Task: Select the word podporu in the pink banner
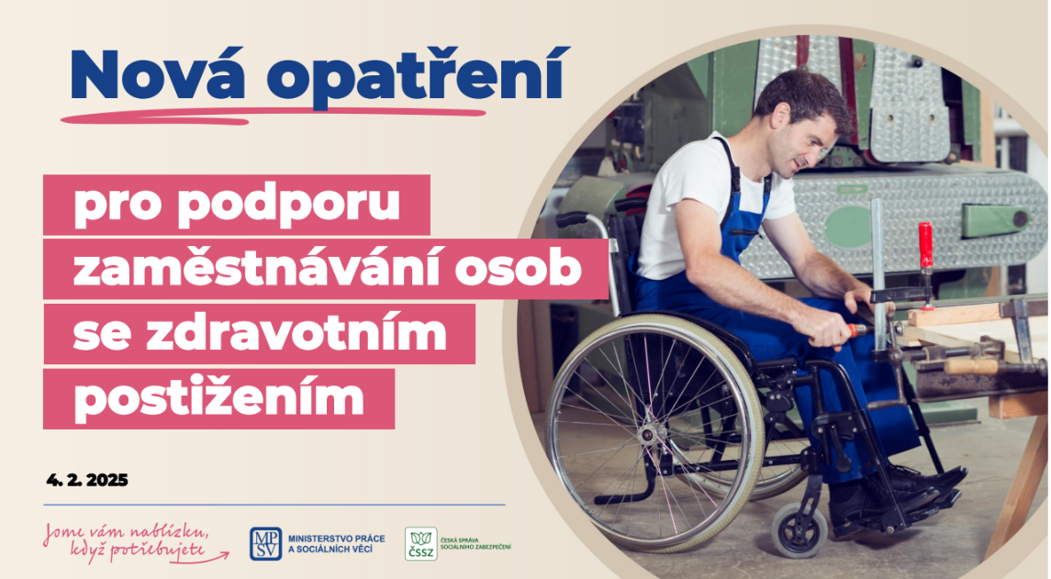(289, 205)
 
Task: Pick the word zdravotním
(296, 333)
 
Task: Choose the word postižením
(218, 398)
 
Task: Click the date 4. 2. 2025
(87, 480)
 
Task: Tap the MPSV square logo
(265, 543)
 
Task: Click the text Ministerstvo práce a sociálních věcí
(337, 543)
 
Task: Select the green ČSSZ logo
(421, 543)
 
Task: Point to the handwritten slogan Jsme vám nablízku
(126, 532)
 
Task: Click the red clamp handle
(925, 246)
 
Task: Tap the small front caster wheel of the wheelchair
(799, 530)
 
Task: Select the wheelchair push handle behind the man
(574, 219)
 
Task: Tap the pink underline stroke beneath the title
(274, 116)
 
